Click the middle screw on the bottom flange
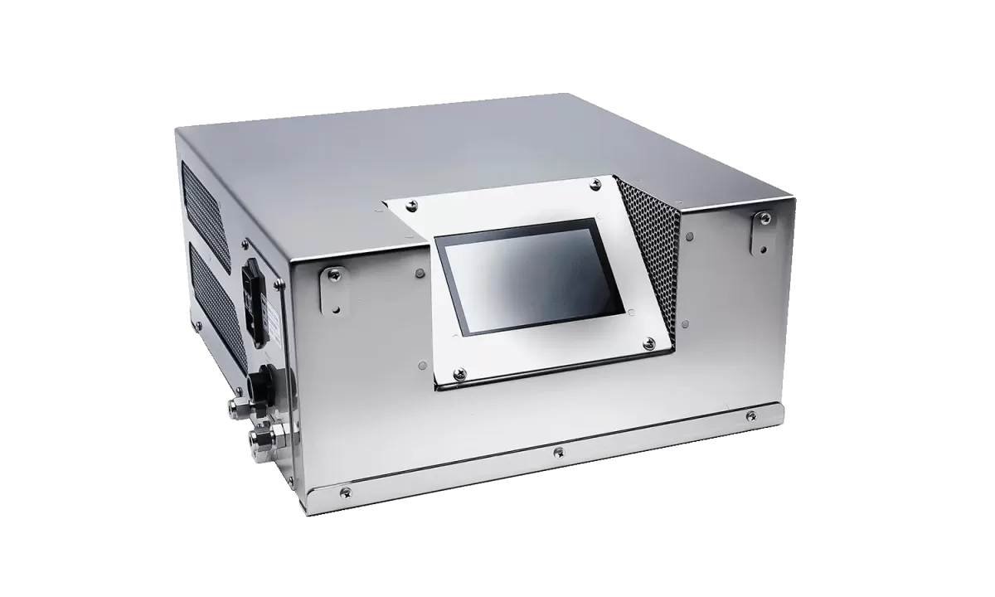click(559, 452)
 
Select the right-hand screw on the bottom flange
click(751, 415)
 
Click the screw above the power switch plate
click(245, 245)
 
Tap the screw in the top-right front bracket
click(764, 218)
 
